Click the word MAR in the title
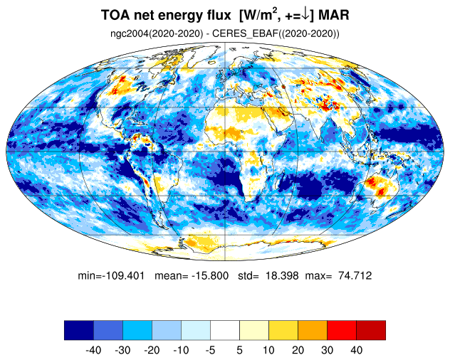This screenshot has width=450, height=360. pos(334,15)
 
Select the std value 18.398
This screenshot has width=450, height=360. pos(282,275)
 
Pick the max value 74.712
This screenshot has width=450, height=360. pos(355,275)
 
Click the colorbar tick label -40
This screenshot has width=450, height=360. pos(93,350)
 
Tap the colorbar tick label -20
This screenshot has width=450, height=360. pos(152,350)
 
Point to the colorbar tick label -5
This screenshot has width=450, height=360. pos(210,350)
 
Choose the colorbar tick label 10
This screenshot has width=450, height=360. pos(268,350)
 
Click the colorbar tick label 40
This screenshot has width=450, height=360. pos(356,350)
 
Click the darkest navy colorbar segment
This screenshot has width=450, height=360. pos(79,330)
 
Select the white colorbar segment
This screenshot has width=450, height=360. pos(225,330)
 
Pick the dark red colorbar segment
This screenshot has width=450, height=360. pos(371,330)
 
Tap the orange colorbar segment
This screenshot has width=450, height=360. pos(313,330)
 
